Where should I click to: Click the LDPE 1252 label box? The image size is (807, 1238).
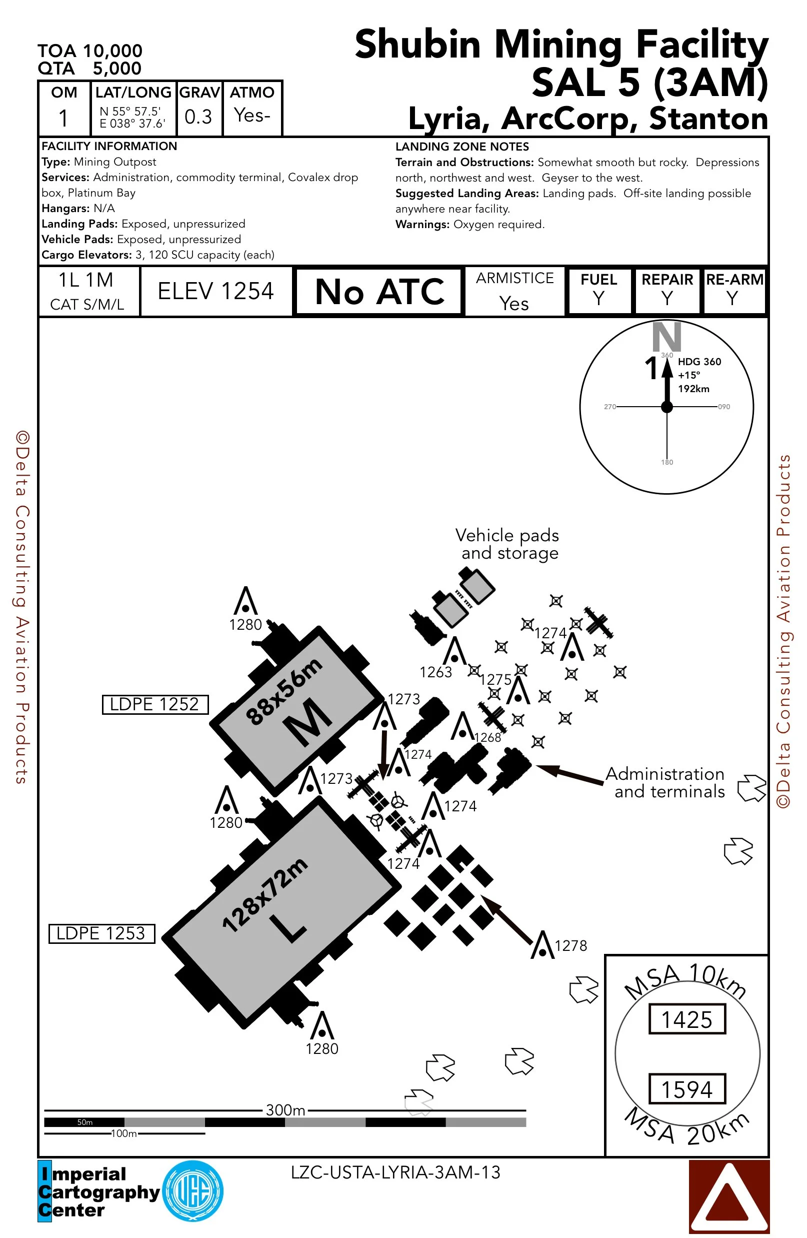pos(155,704)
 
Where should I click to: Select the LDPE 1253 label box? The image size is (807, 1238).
pos(101,933)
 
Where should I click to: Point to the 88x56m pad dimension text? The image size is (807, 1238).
pos(284,691)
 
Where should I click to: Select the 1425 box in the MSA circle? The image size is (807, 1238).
pos(687,1019)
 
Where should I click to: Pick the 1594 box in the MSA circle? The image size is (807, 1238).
pos(687,1089)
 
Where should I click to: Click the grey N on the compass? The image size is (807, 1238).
pos(666,337)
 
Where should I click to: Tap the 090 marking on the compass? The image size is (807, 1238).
pos(724,407)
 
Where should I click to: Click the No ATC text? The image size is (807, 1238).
pos(379,292)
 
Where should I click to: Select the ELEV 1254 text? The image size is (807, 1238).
pos(216,291)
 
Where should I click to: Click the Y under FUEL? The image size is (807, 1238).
pos(599,299)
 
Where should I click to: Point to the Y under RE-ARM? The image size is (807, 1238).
pos(732,299)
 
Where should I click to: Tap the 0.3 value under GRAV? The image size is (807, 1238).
pos(198,117)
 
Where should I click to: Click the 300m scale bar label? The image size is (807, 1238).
pos(285,1110)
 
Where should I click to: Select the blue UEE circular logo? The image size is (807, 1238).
pos(193,1191)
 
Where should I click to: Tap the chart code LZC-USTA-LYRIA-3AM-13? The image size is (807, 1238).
pos(395,1172)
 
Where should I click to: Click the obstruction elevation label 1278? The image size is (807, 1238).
pos(570,946)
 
